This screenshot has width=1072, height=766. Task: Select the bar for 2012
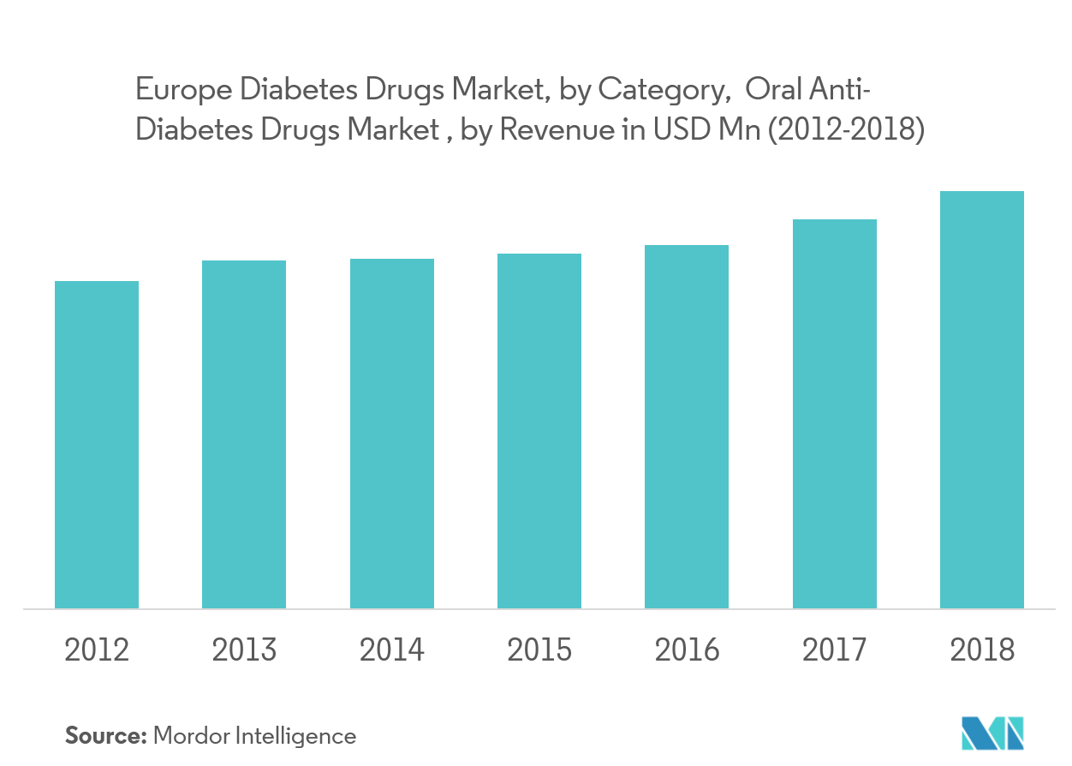97,445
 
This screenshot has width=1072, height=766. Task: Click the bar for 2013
244,434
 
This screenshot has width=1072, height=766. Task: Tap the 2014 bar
392,434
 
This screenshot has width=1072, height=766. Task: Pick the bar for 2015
539,431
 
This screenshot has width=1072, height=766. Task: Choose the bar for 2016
687,427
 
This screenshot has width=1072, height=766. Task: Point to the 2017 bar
835,414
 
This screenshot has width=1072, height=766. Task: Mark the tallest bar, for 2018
982,399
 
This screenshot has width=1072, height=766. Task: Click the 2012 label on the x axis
97,650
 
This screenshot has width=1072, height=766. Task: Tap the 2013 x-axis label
244,650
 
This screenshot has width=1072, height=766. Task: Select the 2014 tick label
392,650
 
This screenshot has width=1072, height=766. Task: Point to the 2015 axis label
539,650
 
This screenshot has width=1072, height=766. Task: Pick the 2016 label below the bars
687,650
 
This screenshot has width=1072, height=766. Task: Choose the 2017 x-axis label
835,650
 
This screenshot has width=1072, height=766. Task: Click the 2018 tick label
982,650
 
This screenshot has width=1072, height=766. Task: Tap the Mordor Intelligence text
253,735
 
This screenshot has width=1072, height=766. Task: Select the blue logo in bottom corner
992,733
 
